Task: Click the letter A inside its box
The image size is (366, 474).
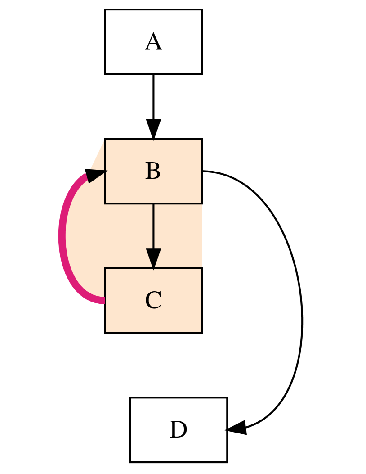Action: pyautogui.click(x=153, y=42)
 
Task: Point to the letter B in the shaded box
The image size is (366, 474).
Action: pyautogui.click(x=153, y=172)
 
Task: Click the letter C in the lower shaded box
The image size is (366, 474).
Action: pyautogui.click(x=153, y=301)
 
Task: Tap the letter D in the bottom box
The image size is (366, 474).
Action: pyautogui.click(x=179, y=430)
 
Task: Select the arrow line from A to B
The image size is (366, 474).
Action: pyautogui.click(x=153, y=97)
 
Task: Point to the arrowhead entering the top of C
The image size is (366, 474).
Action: pyautogui.click(x=153, y=260)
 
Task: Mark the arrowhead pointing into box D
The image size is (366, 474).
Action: pyautogui.click(x=236, y=428)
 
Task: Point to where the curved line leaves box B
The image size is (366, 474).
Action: pyautogui.click(x=203, y=171)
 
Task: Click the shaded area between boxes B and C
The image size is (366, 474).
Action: pyautogui.click(x=180, y=236)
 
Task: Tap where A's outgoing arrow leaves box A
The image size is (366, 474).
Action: pyautogui.click(x=153, y=75)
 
